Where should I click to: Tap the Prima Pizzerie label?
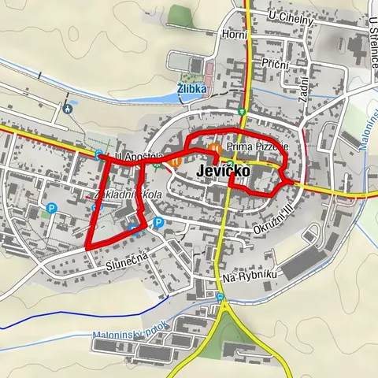(258, 147)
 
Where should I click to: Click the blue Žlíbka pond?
(169, 96)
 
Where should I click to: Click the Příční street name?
(276, 63)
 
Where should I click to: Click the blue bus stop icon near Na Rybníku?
(220, 298)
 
